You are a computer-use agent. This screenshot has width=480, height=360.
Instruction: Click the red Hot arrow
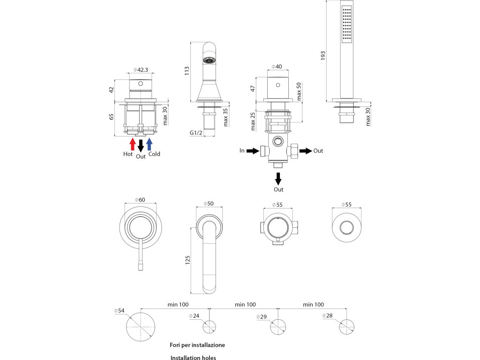(133, 143)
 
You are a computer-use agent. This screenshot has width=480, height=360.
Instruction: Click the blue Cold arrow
(150, 143)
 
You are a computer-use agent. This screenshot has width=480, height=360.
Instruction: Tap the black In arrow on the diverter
(252, 151)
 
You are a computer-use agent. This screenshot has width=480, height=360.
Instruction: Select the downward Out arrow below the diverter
(278, 179)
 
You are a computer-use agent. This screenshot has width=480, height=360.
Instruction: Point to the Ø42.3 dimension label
(141, 70)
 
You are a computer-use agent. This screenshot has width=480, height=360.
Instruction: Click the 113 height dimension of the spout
(187, 71)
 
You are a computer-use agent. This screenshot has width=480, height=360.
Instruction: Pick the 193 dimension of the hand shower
(322, 56)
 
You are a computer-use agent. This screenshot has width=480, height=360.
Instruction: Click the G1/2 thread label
(196, 133)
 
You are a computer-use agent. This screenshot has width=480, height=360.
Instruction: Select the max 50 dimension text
(299, 91)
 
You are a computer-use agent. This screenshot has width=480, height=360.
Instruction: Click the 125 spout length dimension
(187, 260)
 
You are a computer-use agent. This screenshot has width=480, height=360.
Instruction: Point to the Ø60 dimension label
(140, 200)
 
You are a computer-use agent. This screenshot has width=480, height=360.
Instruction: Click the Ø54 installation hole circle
(141, 325)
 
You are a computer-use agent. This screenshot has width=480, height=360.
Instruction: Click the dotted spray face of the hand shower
(347, 24)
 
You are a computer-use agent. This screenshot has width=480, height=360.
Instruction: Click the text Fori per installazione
(197, 345)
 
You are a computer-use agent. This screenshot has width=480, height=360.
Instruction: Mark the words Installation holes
(193, 358)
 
